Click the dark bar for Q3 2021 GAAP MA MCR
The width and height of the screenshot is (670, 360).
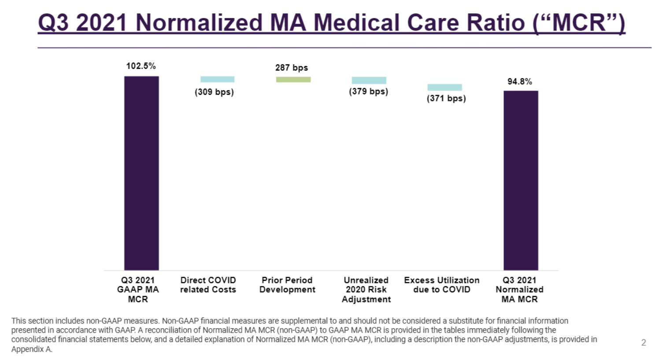(141, 173)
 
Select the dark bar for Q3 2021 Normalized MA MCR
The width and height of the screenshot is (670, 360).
(521, 180)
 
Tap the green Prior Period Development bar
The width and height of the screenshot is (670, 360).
(293, 79)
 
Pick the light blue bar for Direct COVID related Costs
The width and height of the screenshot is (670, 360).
(217, 79)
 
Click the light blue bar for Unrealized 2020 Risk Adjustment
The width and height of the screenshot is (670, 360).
(369, 80)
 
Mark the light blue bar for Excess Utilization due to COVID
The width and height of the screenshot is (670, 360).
(444, 87)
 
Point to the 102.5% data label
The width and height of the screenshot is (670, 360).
(141, 66)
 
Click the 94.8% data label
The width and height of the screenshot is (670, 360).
(520, 82)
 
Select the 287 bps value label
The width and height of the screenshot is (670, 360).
(292, 68)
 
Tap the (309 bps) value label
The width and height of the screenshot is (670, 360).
(214, 92)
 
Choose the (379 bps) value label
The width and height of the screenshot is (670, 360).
(369, 92)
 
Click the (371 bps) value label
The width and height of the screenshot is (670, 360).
(446, 98)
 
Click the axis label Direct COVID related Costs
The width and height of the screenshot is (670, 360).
(208, 285)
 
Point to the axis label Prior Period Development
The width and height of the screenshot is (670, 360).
(287, 285)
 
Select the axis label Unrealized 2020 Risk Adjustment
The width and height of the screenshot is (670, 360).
(366, 289)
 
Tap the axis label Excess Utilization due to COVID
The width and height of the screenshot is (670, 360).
(441, 285)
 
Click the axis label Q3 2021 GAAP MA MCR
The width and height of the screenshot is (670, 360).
(138, 289)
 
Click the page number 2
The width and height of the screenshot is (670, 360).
(644, 342)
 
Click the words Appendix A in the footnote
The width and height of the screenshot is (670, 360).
(32, 349)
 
